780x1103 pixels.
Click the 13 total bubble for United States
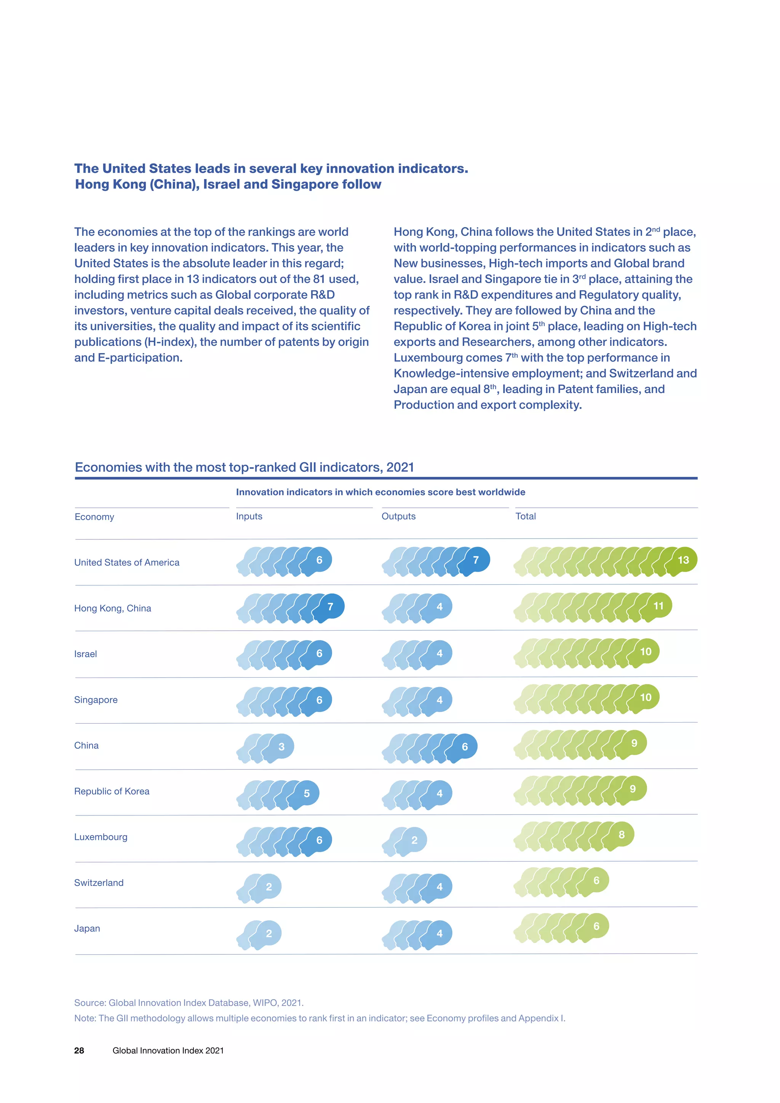coord(682,559)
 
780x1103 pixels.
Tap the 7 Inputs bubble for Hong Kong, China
coord(330,607)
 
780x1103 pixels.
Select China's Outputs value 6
coord(464,747)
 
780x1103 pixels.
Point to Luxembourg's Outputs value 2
coord(414,840)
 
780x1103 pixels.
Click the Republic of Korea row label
coord(112,791)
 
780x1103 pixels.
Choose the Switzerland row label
coord(99,882)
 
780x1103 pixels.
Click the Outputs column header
coord(398,516)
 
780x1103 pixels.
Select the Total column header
coord(526,516)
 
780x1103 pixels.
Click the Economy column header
coord(94,517)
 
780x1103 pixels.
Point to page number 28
coord(79,1051)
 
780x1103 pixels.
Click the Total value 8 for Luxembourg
coord(621,834)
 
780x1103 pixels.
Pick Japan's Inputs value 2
coord(269,934)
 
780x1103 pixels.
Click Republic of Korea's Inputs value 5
coord(307,794)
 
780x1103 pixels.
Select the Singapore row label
coord(96,700)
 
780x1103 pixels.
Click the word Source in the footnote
coord(90,1002)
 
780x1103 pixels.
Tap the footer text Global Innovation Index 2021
coord(168,1051)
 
